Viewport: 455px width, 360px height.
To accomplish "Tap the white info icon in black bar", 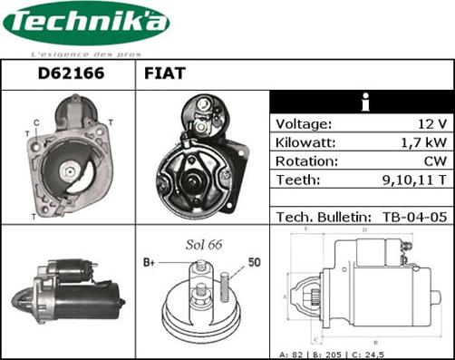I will coord(364,102).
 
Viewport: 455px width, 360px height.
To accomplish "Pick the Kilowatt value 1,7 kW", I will coord(424,142).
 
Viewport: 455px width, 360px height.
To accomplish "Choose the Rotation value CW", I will coord(435,161).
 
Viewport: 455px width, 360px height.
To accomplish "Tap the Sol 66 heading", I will coord(203,245).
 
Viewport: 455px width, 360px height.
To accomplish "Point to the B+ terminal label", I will coord(150,264).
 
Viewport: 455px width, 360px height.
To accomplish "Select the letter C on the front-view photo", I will coord(36,122).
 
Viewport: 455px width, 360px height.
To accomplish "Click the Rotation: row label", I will coord(306,161).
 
